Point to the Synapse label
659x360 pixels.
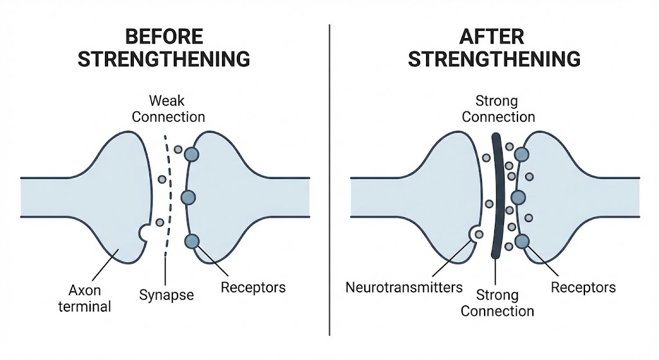(166, 295)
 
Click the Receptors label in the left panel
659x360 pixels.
(253, 287)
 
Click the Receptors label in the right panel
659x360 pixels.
(583, 287)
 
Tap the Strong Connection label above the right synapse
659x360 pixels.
(498, 109)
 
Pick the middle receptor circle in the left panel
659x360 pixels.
(188, 197)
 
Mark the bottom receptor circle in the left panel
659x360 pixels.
(191, 242)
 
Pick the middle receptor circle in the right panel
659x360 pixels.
(518, 197)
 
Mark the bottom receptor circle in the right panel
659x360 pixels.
(521, 242)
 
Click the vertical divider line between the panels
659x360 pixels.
(329, 180)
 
